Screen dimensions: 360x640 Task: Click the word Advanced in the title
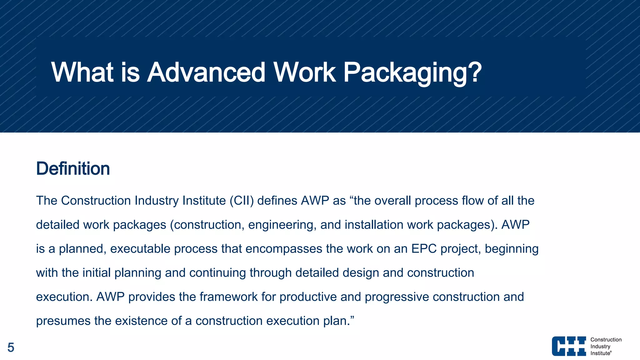pos(206,72)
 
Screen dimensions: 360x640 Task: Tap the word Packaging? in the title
pos(412,72)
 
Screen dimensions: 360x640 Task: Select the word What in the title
pos(82,72)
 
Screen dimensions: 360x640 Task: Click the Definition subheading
pos(73,169)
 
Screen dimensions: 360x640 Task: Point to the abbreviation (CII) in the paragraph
pos(242,201)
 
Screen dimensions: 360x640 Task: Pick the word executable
pos(140,249)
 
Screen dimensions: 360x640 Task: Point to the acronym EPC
pos(424,249)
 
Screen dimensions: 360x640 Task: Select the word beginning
pos(512,249)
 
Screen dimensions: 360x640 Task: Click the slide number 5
pos(11,347)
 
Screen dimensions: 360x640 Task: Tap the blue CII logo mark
pos(569,346)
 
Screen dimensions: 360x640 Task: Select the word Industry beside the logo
pos(600,347)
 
